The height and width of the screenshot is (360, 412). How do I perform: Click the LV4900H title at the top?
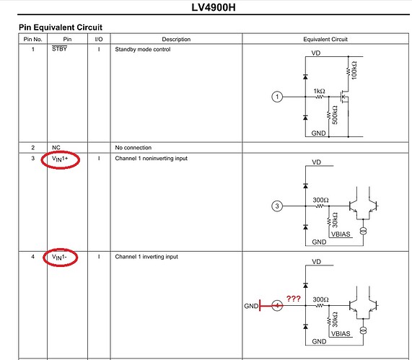(x=214, y=7)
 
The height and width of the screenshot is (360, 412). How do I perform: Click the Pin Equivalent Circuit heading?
(x=61, y=27)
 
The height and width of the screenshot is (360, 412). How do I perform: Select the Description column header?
(x=176, y=39)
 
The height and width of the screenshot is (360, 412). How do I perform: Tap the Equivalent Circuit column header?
(x=325, y=39)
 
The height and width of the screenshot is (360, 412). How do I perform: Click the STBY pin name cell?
(x=59, y=48)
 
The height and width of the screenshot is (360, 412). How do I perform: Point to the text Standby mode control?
(x=143, y=49)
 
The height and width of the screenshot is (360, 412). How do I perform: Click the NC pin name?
(x=56, y=147)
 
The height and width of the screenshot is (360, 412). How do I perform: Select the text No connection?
(x=133, y=147)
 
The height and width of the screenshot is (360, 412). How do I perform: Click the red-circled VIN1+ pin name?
(x=60, y=159)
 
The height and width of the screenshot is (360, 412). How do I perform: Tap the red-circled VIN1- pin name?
(x=59, y=257)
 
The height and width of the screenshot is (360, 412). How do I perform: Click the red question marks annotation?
(x=293, y=299)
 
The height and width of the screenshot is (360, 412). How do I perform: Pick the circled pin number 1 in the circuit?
(x=277, y=97)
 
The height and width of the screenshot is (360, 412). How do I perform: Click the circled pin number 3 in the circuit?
(x=277, y=206)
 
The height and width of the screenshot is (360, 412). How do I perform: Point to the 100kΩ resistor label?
(x=354, y=70)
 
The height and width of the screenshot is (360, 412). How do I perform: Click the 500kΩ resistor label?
(x=335, y=115)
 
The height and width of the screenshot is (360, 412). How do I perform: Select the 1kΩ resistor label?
(x=319, y=91)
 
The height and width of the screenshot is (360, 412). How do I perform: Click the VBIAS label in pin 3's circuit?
(x=341, y=234)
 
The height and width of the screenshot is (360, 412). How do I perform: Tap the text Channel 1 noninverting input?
(x=152, y=158)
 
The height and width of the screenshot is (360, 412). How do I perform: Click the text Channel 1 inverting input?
(x=146, y=256)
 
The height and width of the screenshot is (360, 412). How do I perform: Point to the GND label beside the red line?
(x=251, y=306)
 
